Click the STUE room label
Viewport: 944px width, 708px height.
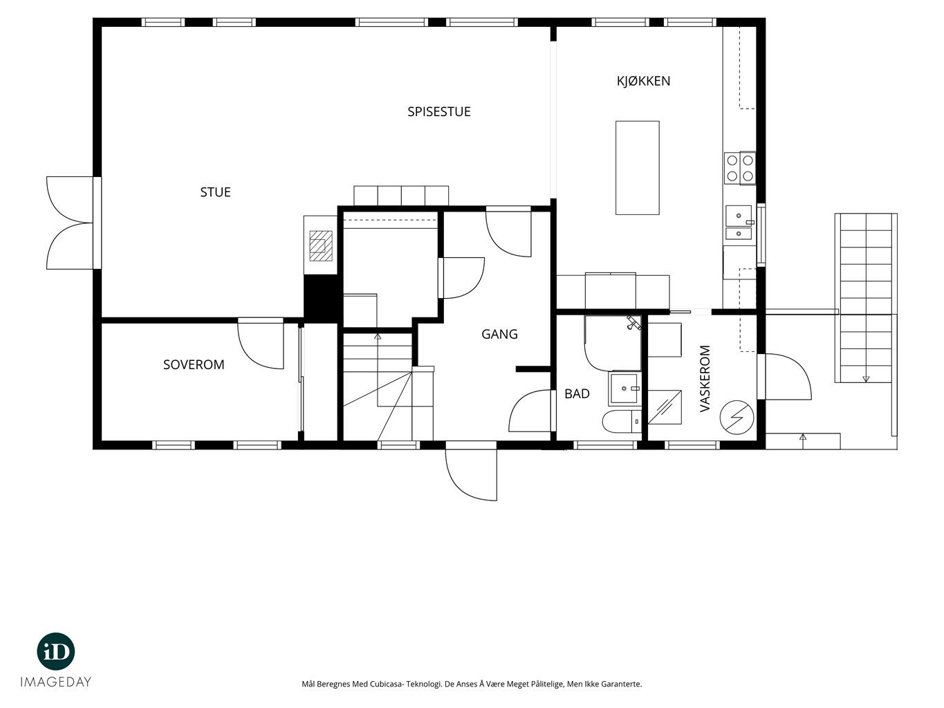pos(215,192)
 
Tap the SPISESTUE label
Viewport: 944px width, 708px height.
pos(438,112)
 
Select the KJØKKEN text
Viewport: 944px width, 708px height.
pos(643,81)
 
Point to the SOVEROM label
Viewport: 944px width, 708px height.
pos(194,364)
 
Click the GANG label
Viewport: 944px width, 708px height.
pos(499,334)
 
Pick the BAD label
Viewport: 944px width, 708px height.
pos(577,394)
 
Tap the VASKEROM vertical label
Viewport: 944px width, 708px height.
pos(705,378)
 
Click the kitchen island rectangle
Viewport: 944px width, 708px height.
pos(638,167)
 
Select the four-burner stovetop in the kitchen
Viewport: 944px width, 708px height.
pos(740,168)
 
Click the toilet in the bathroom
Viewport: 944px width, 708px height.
pos(622,421)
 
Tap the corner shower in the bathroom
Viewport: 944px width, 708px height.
pos(613,343)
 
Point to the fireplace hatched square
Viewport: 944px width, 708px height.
pos(321,246)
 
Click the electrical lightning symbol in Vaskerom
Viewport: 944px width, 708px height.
pos(737,418)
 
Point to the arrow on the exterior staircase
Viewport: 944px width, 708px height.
pos(866,379)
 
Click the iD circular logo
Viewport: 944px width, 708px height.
pos(56,651)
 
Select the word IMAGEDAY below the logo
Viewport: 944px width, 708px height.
pos(56,682)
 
